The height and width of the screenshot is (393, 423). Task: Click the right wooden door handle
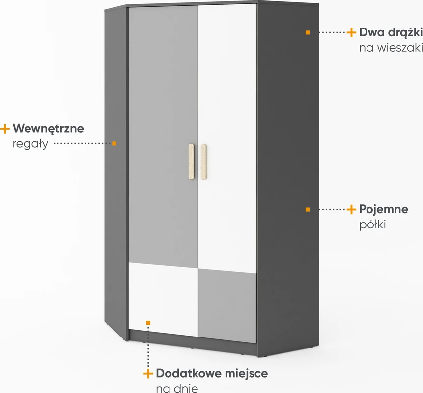coord(204,162)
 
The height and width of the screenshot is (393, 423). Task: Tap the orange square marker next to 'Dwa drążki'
coord(308,32)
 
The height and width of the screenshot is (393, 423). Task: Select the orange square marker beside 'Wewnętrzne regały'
coord(114,143)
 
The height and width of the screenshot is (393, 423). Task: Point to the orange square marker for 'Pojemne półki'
coord(308,209)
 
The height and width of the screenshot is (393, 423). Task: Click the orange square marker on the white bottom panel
coord(148,323)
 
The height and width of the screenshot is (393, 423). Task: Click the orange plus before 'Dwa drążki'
coord(351,32)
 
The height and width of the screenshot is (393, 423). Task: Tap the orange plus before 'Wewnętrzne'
coord(5,129)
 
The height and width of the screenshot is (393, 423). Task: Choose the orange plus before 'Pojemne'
coord(351,209)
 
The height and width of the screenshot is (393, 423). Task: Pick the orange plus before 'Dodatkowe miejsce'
coord(148,374)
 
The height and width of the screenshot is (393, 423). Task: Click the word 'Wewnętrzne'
coord(48,129)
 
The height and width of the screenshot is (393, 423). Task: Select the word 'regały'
coord(30,144)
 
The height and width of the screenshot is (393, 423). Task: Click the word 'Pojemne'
coord(384,209)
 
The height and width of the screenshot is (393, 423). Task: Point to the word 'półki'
coord(372,225)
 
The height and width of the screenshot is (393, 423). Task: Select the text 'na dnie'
coord(177,389)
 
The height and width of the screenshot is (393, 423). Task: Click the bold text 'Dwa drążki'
coord(391,32)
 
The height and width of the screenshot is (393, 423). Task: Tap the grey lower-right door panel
coord(227,306)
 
